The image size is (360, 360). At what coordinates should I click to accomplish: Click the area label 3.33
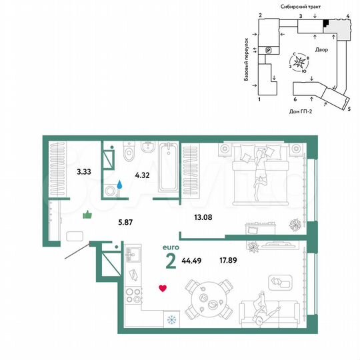83,171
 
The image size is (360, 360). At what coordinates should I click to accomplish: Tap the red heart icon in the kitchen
162,288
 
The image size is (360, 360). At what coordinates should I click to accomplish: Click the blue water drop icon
120,181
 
